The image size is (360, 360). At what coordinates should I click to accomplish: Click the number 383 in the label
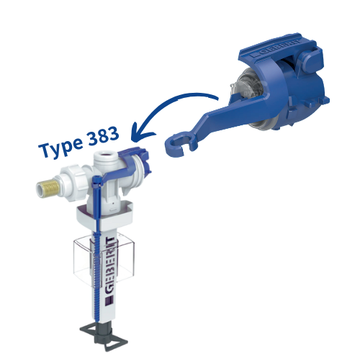[103, 136]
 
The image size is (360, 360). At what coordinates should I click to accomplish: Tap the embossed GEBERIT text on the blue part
[276, 48]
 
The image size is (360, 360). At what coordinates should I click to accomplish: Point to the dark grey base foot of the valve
[104, 337]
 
